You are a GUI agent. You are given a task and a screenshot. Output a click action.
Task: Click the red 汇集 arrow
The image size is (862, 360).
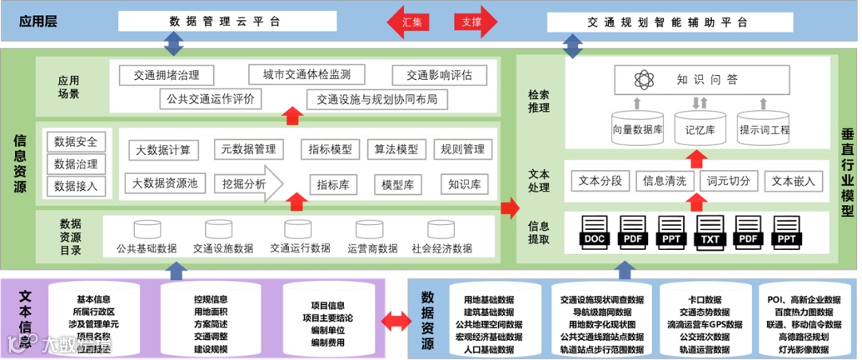point(411,22)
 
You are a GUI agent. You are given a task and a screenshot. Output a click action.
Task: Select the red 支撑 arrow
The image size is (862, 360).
point(473,22)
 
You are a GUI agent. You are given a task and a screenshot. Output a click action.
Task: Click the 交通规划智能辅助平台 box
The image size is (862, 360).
point(667,22)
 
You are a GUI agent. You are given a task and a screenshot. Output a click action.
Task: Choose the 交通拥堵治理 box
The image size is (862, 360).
point(167,76)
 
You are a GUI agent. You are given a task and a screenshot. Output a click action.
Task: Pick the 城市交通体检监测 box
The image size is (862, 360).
point(306,75)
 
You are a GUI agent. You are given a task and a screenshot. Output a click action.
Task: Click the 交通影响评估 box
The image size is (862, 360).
point(439,76)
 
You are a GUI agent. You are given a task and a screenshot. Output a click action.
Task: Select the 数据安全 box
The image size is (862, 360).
point(76,142)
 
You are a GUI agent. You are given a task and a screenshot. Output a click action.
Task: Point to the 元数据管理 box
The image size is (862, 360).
point(249,148)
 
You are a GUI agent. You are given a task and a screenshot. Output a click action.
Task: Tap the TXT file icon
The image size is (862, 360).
point(712,231)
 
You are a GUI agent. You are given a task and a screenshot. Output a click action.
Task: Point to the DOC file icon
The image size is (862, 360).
point(595,231)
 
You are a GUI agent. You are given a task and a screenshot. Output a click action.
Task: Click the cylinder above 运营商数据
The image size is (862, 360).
point(372,230)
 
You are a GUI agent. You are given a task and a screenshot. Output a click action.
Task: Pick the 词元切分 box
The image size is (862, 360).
point(729,180)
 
